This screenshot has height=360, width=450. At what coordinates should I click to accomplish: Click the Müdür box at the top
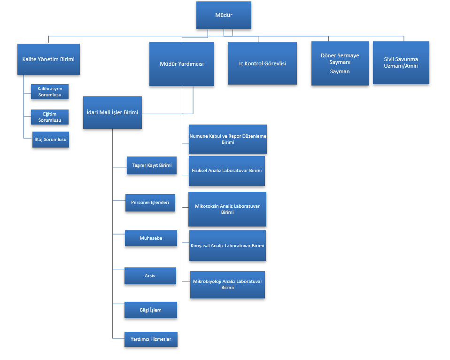pos(224,16)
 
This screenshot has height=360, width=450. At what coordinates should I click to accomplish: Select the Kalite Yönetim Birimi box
pos(48,59)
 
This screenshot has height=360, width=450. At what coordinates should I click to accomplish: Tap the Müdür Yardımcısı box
pos(181,64)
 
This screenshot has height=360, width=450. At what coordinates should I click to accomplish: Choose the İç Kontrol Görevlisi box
pos(262,63)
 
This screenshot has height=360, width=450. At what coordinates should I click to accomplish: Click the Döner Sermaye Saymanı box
pos(340,63)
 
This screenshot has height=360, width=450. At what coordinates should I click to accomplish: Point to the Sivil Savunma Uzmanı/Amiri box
pos(401,63)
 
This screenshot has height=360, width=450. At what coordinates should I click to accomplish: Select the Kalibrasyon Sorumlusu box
pos(50,92)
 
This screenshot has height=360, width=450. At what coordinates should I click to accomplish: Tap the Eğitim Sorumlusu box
pos(50,117)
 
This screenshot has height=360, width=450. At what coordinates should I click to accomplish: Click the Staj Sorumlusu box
pos(51,140)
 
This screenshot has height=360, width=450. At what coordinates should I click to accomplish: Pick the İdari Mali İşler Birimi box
pos(112,113)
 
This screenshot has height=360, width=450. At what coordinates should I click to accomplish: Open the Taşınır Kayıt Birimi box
pos(151,165)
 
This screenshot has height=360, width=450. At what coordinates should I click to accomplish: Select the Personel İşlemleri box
pos(150,203)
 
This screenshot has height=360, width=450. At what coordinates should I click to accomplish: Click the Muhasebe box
pos(151,238)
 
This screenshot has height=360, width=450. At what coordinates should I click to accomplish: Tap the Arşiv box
pos(150,276)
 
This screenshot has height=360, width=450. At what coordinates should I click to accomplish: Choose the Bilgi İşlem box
pos(151,310)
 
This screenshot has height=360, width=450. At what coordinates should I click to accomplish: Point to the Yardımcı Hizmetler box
pos(151,339)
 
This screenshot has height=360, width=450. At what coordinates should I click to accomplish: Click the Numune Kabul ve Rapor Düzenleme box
pos(227,139)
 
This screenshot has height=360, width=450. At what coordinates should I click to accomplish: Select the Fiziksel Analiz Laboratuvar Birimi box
pos(227,171)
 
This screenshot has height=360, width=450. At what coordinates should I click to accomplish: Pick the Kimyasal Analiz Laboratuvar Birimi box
pos(227,245)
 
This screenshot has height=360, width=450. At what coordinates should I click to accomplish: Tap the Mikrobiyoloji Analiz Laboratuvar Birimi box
pos(227,284)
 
